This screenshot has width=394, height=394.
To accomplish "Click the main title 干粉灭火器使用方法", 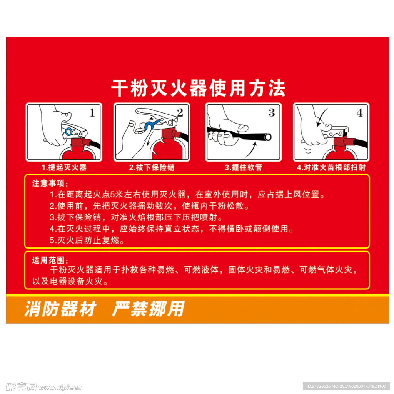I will point(198,88).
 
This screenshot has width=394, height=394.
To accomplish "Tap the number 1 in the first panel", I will point(92,113).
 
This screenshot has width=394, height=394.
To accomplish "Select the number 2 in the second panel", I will point(180,112).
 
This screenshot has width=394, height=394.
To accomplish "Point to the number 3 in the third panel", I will point(272,112).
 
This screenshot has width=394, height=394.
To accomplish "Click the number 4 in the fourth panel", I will point(359,113).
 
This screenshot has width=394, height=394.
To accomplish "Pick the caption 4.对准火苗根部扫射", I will point(331,167).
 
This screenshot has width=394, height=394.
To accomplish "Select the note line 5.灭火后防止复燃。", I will point(88,240).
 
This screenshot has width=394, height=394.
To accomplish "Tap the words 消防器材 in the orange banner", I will point(60,309).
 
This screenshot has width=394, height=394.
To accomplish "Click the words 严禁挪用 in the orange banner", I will point(148,309).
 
